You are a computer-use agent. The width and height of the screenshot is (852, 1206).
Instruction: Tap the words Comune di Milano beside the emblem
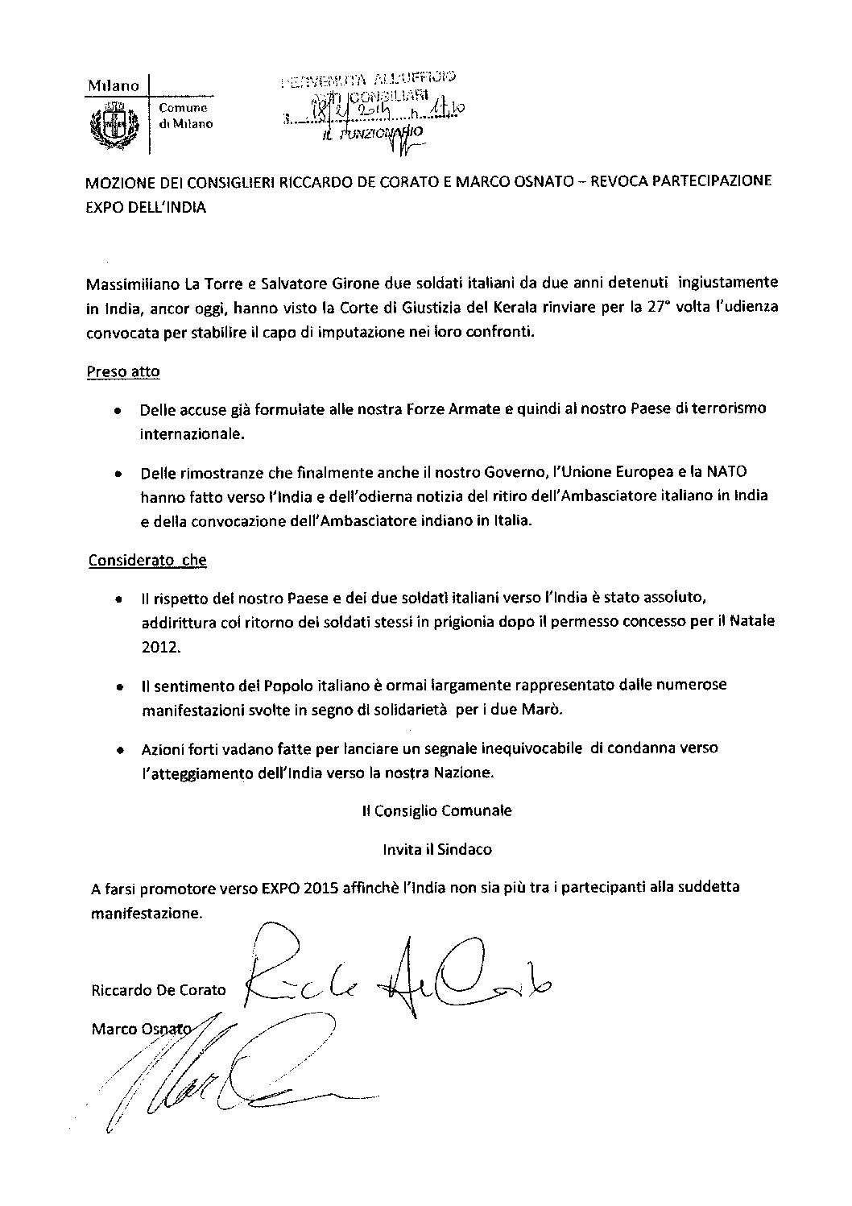[x=185, y=116]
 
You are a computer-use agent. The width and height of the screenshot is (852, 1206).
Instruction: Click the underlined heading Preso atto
[x=122, y=372]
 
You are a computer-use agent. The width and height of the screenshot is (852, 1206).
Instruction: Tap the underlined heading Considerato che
[x=147, y=561]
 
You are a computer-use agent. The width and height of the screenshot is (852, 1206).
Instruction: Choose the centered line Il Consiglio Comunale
[x=436, y=810]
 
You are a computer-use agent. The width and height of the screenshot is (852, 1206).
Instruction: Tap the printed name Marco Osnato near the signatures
[x=142, y=1029]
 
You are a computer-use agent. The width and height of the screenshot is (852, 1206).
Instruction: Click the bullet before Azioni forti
[x=119, y=749]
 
